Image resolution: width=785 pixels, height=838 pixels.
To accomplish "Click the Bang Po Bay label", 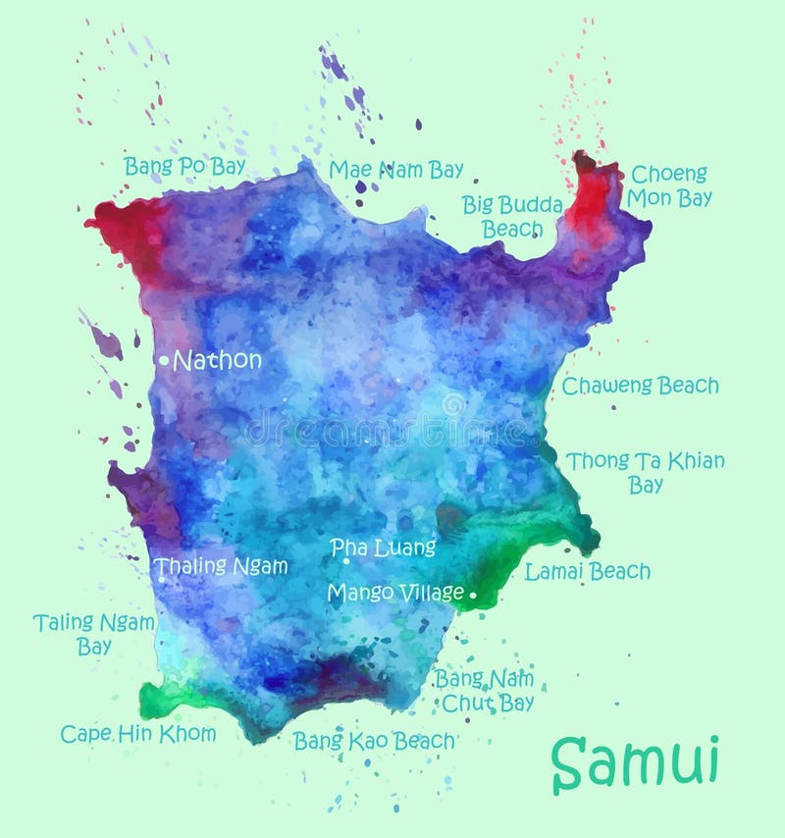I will pos(184,166).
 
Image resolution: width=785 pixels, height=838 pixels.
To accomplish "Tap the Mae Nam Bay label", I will pos(395,170).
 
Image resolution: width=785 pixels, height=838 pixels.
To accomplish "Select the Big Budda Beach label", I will pos(512,216).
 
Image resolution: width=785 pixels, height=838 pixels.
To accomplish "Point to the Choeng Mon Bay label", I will pos(670,185).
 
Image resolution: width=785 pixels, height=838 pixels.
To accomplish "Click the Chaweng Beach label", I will pos(640,386).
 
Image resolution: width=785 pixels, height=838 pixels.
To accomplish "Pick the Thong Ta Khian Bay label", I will pos(645,472).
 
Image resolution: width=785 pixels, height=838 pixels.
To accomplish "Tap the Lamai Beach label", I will pos(587,571).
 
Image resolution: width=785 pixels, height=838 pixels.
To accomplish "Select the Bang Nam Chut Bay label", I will pos(487,690).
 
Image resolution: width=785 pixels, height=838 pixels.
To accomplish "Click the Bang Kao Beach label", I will pos(374,741).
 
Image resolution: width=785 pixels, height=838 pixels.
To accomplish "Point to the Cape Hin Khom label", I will pos(137,733).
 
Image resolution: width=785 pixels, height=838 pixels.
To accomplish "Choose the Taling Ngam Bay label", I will pos(94,634).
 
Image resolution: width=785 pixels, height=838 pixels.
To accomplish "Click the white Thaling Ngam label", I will pos(222,566).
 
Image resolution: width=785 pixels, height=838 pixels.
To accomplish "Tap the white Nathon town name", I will pos(217,360).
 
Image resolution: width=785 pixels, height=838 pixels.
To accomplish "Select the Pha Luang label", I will pos(383,547).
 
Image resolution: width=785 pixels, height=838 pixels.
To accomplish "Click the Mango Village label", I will pos(394,593).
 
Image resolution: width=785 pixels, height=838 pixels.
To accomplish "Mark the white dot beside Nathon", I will pos(164,360).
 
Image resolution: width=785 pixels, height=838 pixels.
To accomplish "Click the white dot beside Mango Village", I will pos(473,594).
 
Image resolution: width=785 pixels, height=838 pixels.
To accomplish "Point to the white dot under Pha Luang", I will pos(346,561).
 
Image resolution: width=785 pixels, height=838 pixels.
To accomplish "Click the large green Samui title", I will pos(635,760).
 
